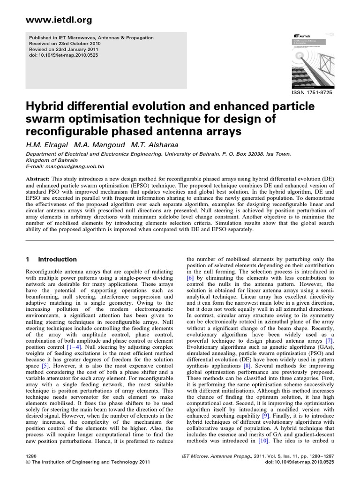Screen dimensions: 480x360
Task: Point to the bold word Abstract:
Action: click(x=38, y=179)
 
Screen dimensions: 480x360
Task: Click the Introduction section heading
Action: click(x=57, y=259)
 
